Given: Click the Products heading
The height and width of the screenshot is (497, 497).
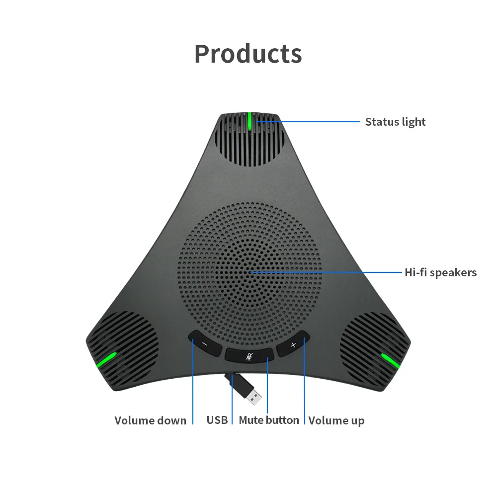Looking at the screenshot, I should (248, 54).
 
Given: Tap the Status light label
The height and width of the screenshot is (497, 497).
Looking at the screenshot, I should (395, 122).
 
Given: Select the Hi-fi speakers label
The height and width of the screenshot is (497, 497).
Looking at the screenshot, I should (440, 272).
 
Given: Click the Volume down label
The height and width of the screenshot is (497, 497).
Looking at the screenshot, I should (150, 420).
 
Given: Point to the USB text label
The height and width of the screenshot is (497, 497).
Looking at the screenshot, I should (217, 420).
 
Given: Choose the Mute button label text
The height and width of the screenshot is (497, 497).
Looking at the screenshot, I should (269, 420).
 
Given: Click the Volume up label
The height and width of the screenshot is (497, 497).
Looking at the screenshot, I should (336, 420).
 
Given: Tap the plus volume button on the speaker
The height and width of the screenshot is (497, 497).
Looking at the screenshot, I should (293, 344).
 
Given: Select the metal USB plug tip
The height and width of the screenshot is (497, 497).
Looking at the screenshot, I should (254, 396).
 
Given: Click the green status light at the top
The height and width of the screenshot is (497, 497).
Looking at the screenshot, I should (249, 121).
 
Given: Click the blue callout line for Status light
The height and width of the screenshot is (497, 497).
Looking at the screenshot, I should (308, 121).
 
